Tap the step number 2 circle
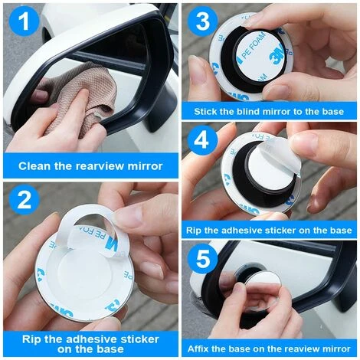(x=25, y=201)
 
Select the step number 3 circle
(x=203, y=21)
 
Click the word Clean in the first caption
(x=36, y=165)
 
